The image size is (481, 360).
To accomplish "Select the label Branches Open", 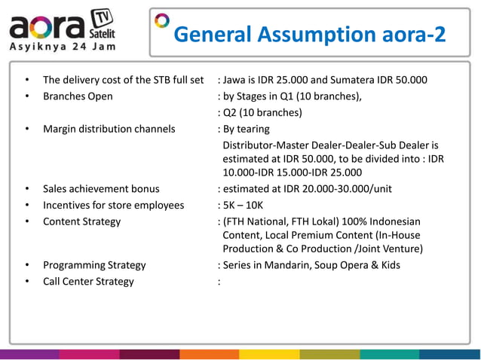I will coord(78,96).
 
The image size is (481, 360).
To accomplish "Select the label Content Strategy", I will coord(81,221).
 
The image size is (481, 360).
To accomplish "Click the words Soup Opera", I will coord(351,265).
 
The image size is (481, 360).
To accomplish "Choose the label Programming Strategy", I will coord(94,265).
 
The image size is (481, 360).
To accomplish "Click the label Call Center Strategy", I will coord(88,282).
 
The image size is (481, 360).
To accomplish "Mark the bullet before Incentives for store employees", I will coord(27,205).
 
